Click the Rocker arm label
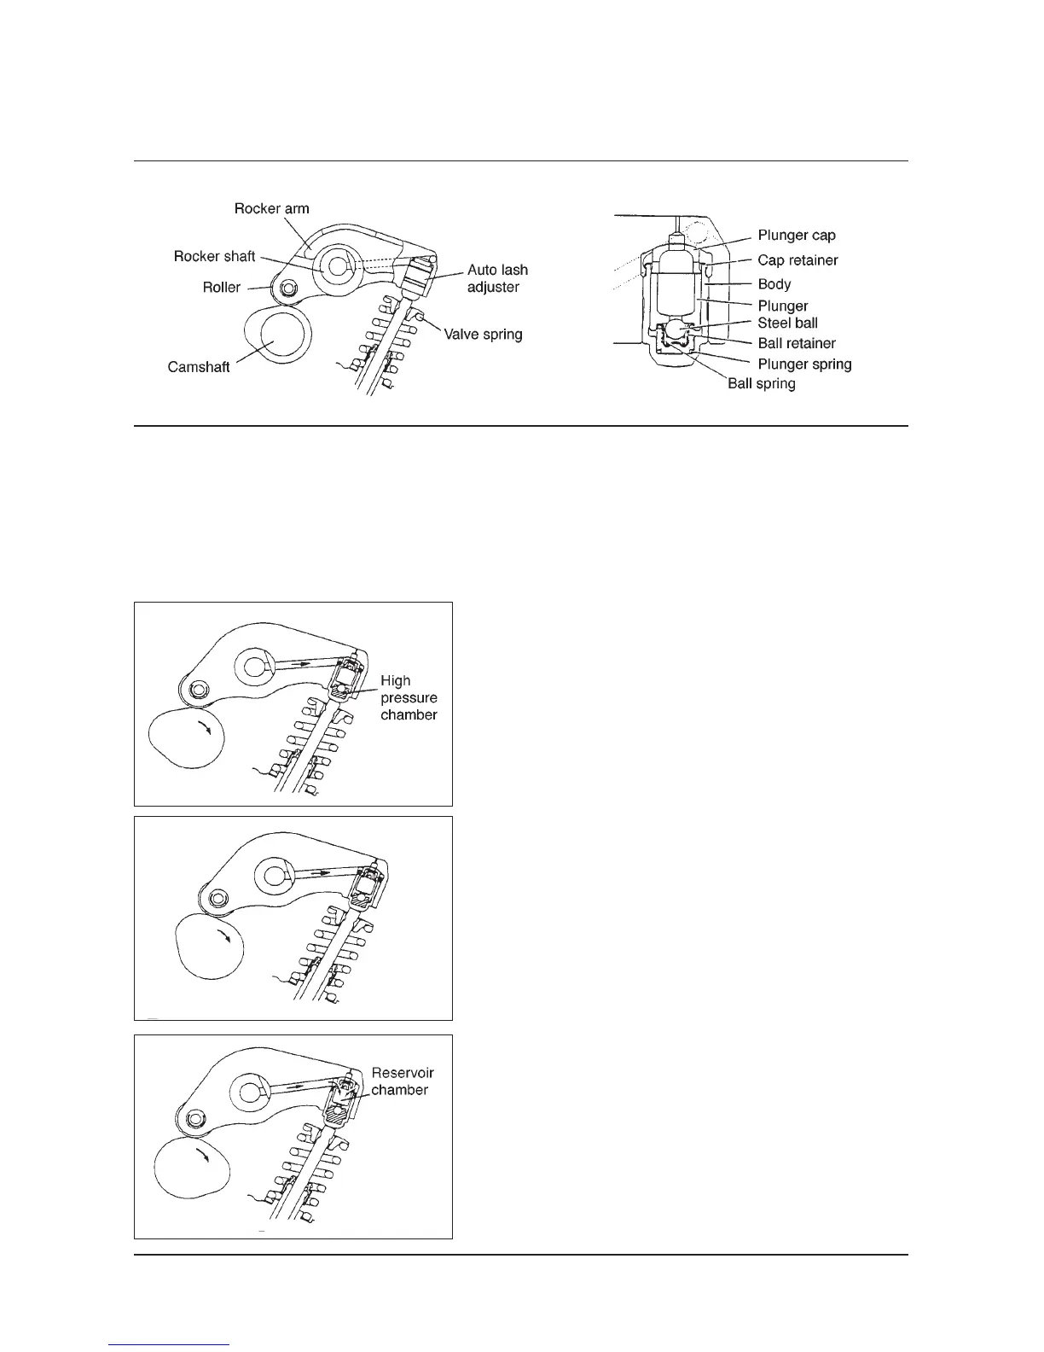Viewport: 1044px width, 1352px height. tap(271, 208)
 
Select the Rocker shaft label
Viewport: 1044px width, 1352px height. tap(214, 256)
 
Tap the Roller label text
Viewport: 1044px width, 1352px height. tap(222, 287)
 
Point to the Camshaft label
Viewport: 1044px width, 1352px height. tap(199, 368)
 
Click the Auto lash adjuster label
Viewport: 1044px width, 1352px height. tap(497, 278)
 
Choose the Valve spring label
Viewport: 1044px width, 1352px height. tap(483, 334)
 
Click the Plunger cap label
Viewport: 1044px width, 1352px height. tap(797, 235)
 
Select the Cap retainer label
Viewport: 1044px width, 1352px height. tap(797, 259)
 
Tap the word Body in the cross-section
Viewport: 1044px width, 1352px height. tap(774, 283)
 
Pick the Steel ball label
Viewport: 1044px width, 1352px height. tap(787, 323)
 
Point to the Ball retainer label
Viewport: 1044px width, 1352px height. tap(797, 343)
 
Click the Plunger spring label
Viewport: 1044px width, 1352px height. tap(804, 364)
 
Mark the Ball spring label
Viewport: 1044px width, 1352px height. tap(761, 383)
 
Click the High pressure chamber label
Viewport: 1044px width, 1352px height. tap(409, 697)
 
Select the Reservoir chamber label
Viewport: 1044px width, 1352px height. tap(403, 1081)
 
